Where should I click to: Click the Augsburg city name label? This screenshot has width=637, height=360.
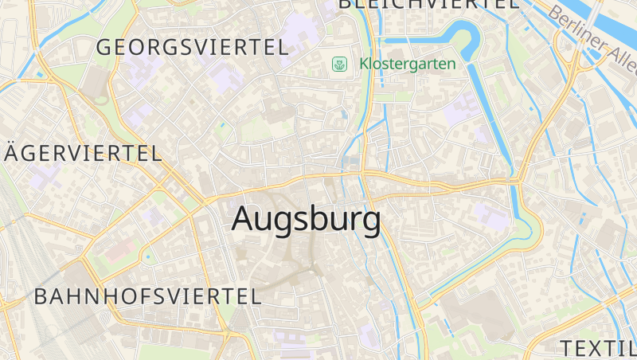pyautogui.click(x=306, y=220)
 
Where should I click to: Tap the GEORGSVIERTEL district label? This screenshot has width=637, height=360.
pyautogui.click(x=192, y=47)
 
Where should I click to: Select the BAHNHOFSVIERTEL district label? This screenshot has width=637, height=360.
pyautogui.click(x=148, y=297)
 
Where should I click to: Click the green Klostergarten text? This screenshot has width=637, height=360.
pyautogui.click(x=408, y=64)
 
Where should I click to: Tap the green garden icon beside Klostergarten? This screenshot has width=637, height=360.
pyautogui.click(x=340, y=64)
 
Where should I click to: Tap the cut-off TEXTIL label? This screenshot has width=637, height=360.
pyautogui.click(x=598, y=348)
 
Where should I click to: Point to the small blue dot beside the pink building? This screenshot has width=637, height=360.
pyautogui.click(x=146, y=257)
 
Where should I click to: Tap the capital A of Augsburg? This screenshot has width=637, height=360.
pyautogui.click(x=246, y=219)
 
